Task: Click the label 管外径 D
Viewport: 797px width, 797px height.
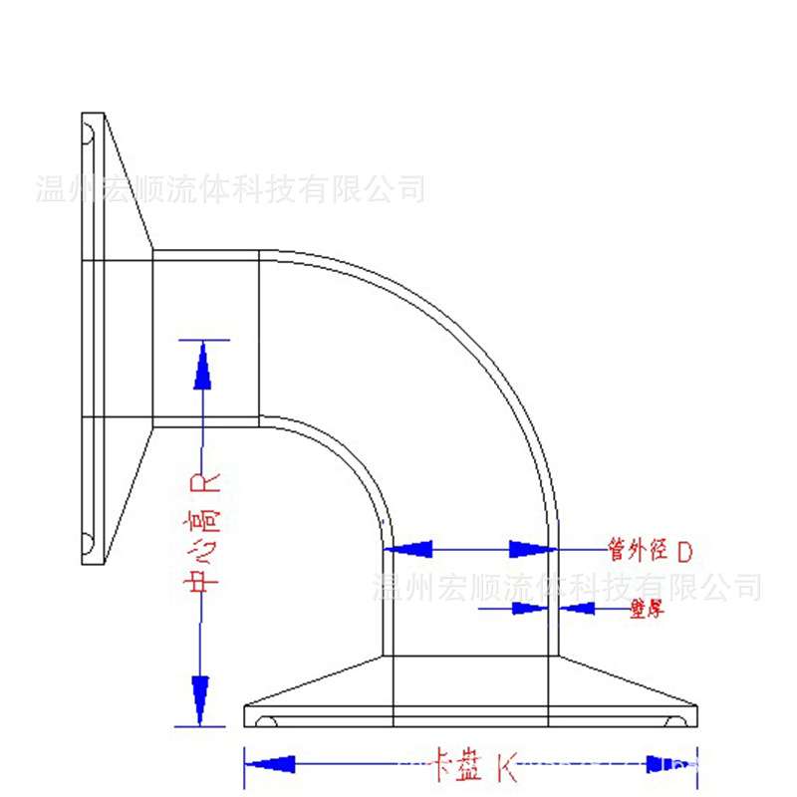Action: point(650,549)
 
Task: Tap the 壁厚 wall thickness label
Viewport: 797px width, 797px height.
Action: point(648,607)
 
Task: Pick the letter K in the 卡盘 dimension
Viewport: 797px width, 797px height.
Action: point(507,766)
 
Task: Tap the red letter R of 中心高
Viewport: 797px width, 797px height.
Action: point(202,484)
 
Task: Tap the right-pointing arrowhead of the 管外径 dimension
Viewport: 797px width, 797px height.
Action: point(531,549)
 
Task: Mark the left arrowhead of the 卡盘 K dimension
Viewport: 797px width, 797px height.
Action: point(271,764)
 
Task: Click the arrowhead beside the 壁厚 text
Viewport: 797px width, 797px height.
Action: point(578,607)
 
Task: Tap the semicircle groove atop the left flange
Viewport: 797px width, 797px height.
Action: point(88,131)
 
